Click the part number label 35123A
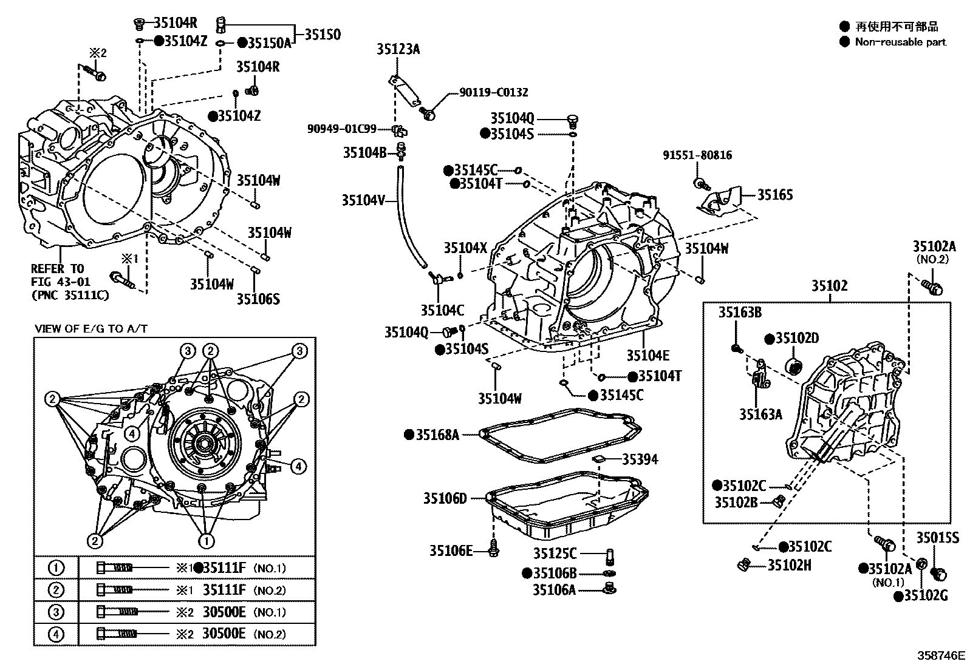(x=398, y=49)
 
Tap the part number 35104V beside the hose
(x=363, y=200)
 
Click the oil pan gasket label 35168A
(x=437, y=435)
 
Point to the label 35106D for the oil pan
(x=445, y=499)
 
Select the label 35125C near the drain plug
(x=555, y=554)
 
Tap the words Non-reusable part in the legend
(x=900, y=42)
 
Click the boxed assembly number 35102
(x=830, y=286)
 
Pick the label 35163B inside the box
(x=740, y=313)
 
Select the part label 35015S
(x=937, y=538)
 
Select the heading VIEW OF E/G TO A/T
(x=91, y=329)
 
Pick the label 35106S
(x=258, y=299)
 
